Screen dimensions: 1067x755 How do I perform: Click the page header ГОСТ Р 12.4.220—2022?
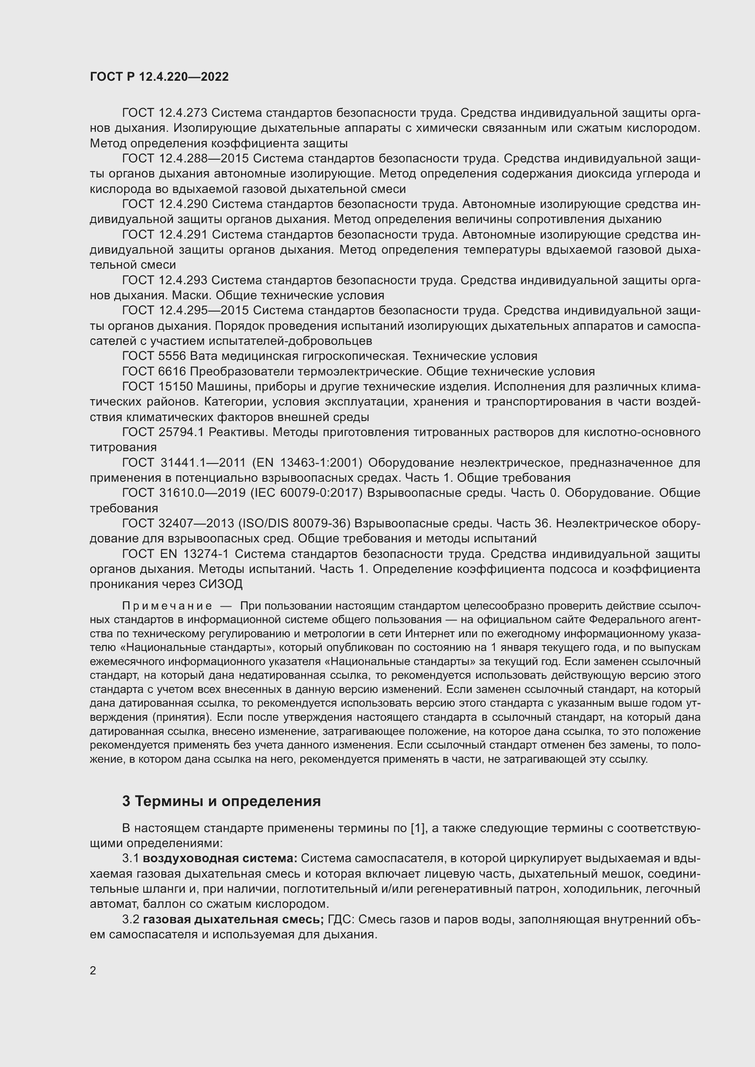click(159, 77)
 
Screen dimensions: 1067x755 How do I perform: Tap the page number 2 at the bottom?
click(93, 970)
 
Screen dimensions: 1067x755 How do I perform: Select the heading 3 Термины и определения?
click(221, 801)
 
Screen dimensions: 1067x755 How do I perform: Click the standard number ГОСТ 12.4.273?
click(165, 113)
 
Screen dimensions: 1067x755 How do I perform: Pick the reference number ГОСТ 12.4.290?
click(165, 204)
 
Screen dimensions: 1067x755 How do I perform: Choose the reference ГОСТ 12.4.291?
click(165, 234)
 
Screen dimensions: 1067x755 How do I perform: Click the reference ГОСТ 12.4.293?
click(165, 280)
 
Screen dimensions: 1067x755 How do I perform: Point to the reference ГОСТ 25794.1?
click(163, 432)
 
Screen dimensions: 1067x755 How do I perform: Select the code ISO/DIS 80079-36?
click(294, 523)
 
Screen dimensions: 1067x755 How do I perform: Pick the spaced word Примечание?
click(167, 606)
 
